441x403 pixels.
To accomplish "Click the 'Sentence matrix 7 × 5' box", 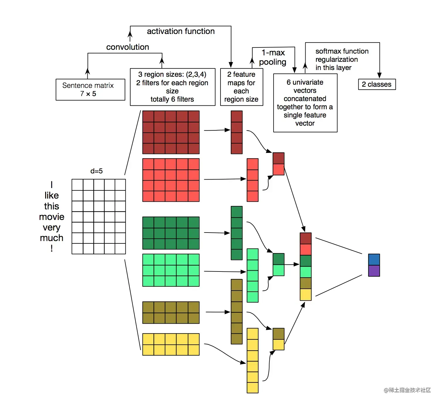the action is point(90,90).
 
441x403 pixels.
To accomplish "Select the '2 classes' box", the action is point(377,84).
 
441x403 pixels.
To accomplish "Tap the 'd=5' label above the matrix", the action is point(96,171).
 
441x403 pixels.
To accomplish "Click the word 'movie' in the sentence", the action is point(52,217).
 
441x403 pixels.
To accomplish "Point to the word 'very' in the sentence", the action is point(52,228).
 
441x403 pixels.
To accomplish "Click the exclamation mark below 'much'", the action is point(52,248).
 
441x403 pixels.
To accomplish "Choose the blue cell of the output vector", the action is point(374,259).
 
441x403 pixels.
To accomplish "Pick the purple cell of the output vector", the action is point(374,271).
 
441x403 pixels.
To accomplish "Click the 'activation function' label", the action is point(181,31).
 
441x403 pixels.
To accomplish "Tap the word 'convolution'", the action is point(128,47).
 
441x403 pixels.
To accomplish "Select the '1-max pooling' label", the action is point(273,57).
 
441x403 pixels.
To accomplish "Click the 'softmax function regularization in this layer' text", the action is point(342,59).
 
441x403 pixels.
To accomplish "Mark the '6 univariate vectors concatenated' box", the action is point(305,103).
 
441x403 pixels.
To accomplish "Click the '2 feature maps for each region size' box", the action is point(242,87).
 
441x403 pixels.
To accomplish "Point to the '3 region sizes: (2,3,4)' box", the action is point(173,87).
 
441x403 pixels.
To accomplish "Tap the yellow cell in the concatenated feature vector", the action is point(306,295).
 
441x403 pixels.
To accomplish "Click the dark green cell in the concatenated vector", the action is point(306,261).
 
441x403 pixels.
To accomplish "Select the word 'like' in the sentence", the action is point(52,195).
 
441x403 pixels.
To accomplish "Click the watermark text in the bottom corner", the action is point(407,390).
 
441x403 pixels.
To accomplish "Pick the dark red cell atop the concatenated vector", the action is point(306,238).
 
